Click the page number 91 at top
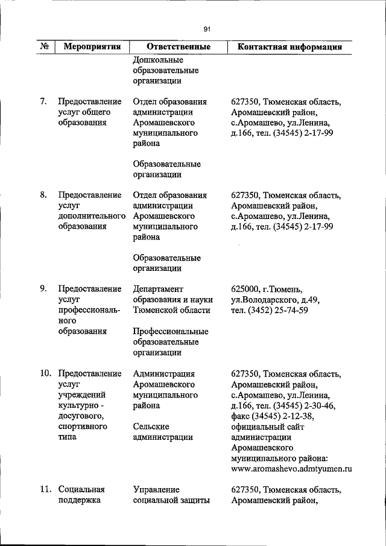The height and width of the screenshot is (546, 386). (x=206, y=29)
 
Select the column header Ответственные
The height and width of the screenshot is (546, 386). (x=179, y=46)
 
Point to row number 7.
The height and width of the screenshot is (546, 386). (x=43, y=101)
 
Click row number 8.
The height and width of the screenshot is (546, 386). (x=43, y=195)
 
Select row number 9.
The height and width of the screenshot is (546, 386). (x=43, y=288)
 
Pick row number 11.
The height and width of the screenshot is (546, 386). (x=45, y=489)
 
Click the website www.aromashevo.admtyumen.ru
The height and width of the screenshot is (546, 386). (x=291, y=468)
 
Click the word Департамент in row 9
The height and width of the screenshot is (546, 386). (x=158, y=288)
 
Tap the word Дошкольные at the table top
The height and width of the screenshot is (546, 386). (x=157, y=60)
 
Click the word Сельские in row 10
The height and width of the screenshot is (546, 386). (x=151, y=426)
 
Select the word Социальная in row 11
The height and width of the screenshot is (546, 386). (x=81, y=489)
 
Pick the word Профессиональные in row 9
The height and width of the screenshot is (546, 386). (x=171, y=331)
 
